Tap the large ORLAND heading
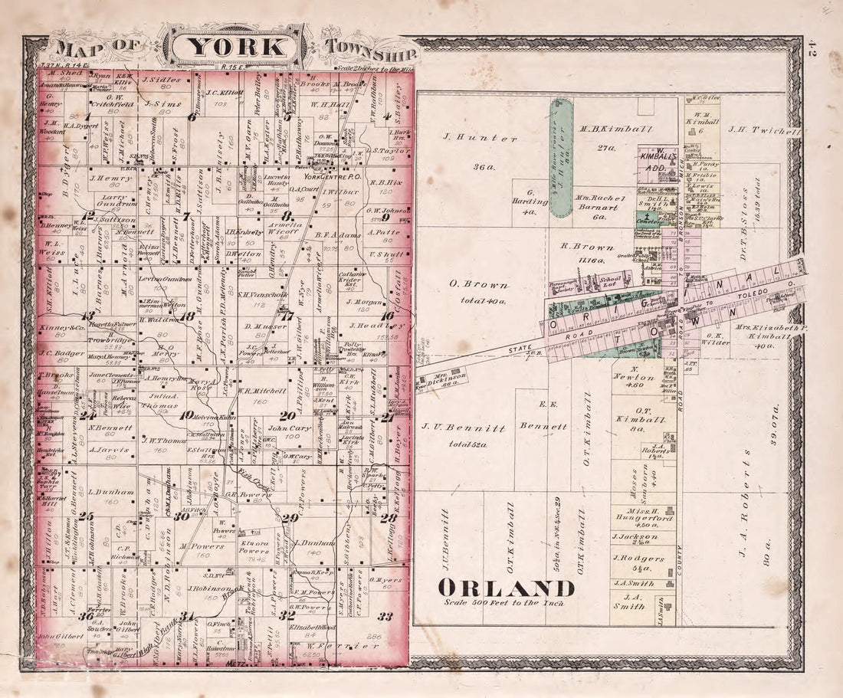click(x=507, y=588)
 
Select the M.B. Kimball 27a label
click(x=611, y=137)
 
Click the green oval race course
click(x=563, y=158)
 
